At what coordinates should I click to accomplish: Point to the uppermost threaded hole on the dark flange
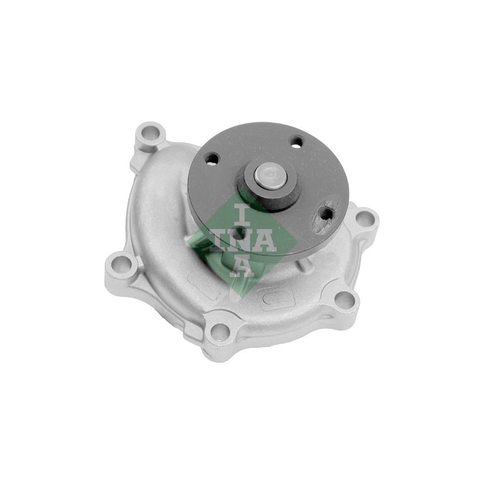coord(297,142)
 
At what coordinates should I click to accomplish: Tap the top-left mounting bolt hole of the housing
coord(150,134)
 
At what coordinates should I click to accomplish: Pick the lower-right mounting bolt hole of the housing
coord(345,299)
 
